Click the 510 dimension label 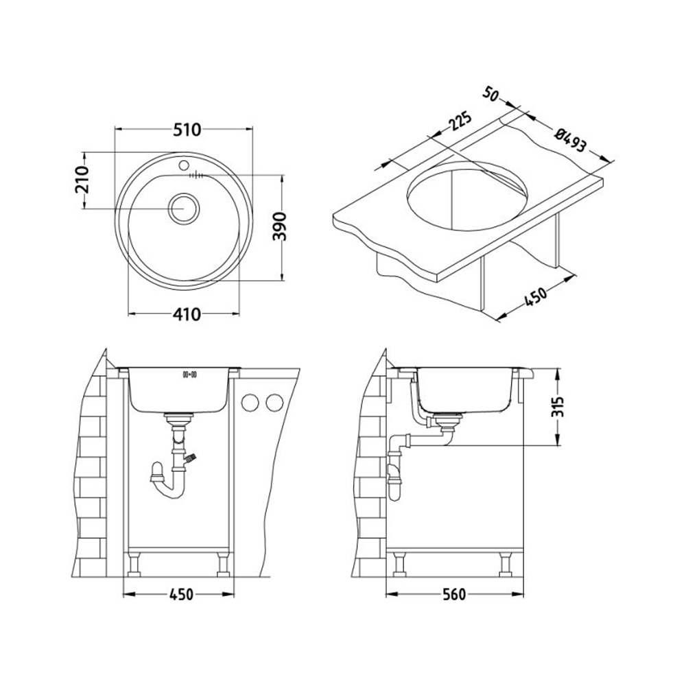[187, 130]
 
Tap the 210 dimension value [82, 180]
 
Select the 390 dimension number [279, 226]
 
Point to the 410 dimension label [187, 314]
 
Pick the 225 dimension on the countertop [460, 123]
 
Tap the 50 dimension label [491, 95]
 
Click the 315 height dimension [557, 407]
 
